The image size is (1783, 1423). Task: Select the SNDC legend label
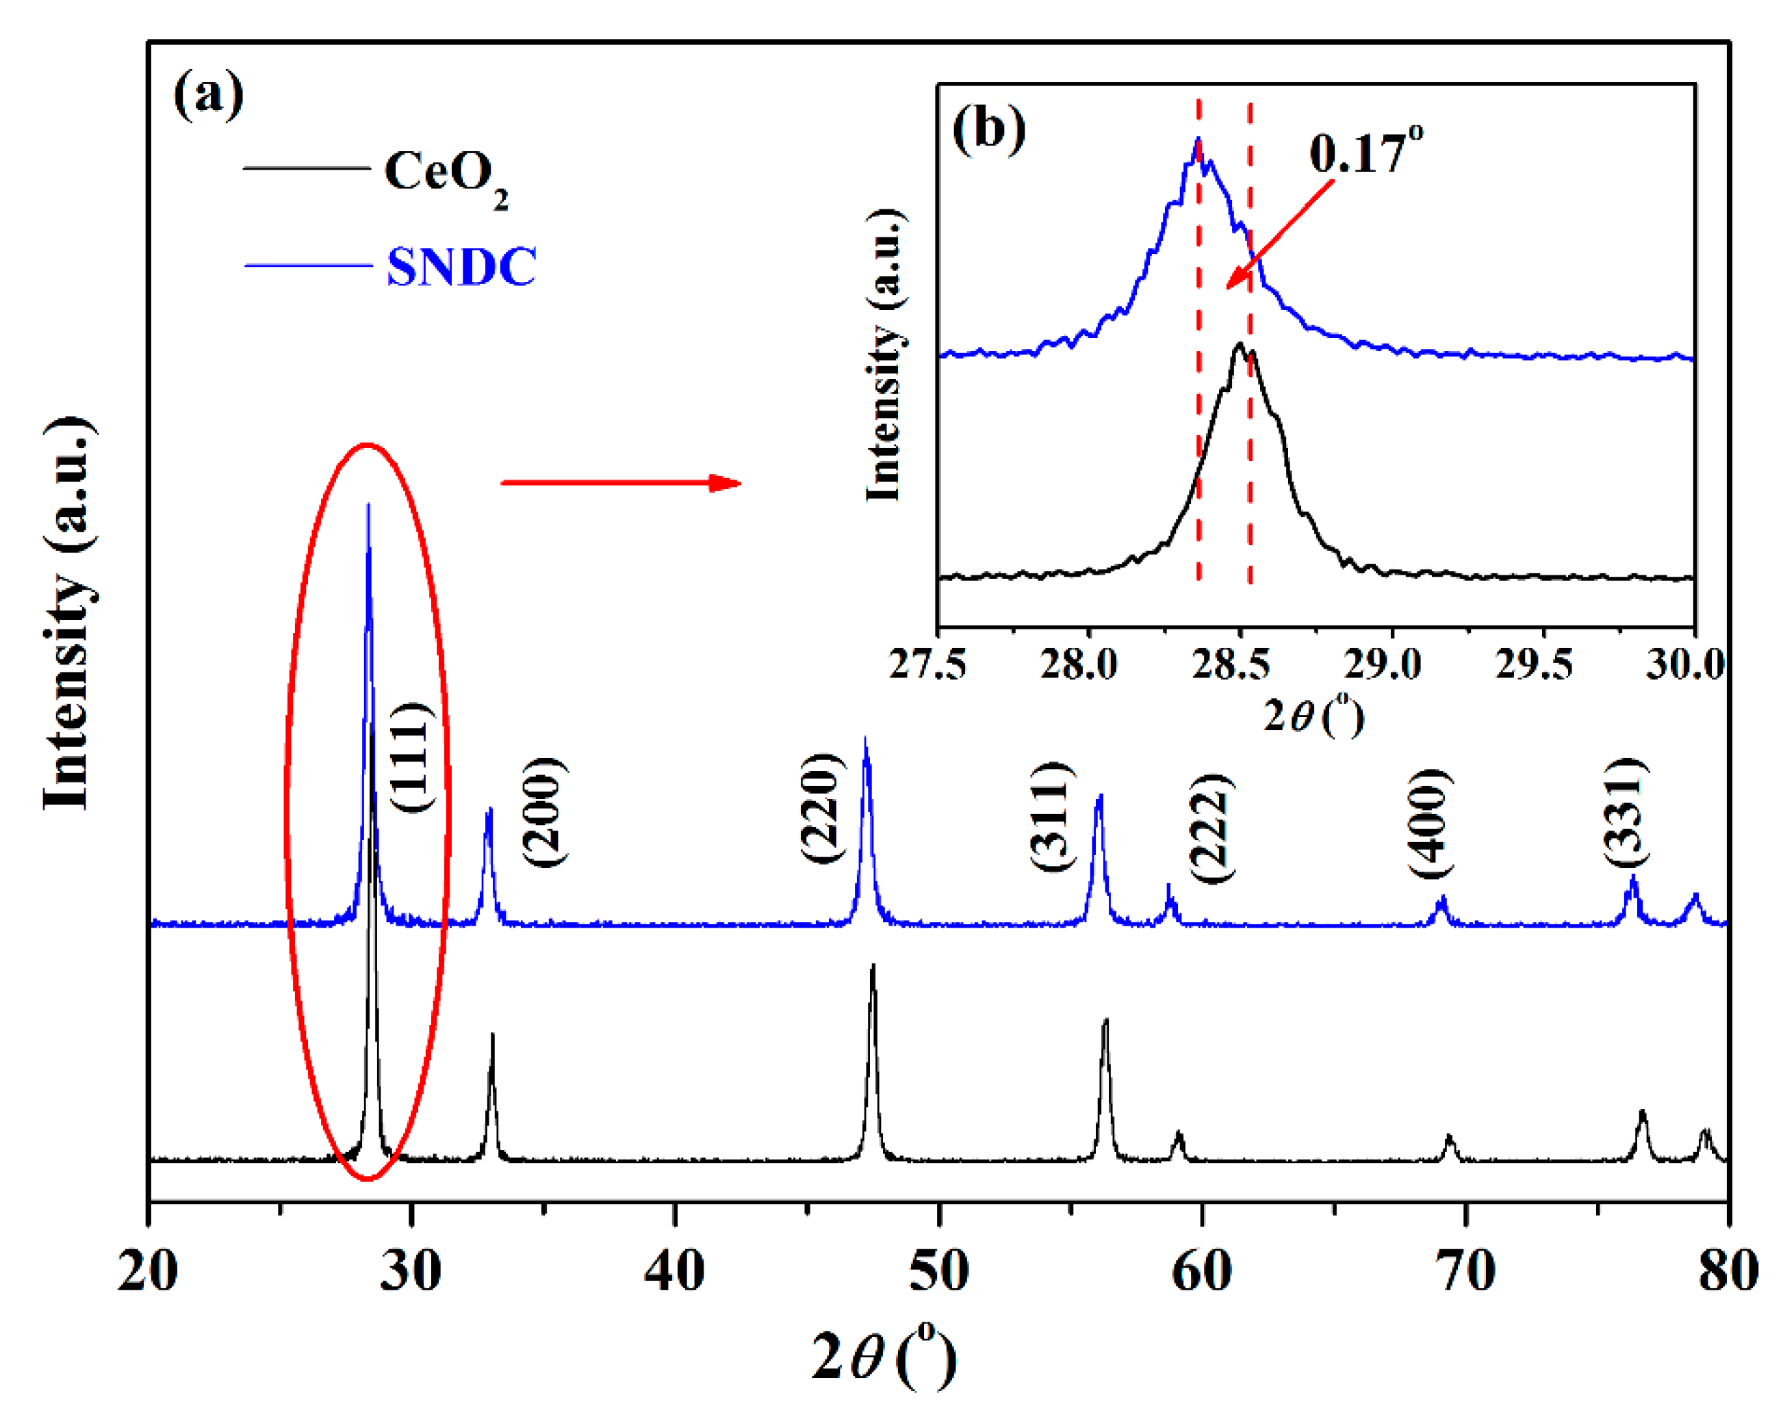[x=461, y=266]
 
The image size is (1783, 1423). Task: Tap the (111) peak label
[x=410, y=757]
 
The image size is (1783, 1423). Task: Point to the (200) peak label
[x=546, y=812]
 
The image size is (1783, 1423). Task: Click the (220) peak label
[x=823, y=808]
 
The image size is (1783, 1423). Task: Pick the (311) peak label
[x=1053, y=816]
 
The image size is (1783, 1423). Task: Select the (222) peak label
[x=1212, y=828]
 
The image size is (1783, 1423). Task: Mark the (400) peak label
[x=1431, y=823]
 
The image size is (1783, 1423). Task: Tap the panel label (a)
[x=208, y=94]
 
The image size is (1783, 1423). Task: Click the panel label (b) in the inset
[x=989, y=129]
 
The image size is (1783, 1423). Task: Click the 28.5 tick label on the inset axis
[x=1230, y=664]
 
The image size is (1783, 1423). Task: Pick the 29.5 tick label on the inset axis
[x=1534, y=664]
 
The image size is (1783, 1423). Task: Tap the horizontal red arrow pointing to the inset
[x=621, y=483]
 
